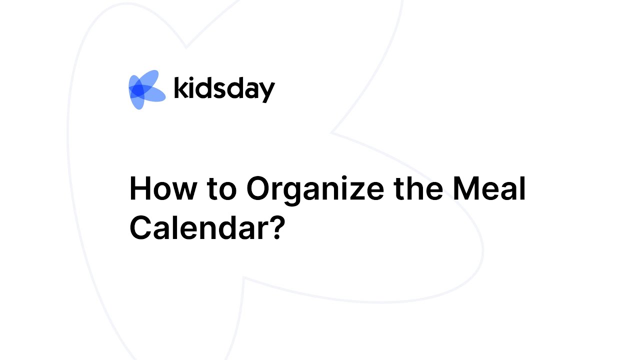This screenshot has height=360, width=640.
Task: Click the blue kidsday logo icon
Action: (146, 89)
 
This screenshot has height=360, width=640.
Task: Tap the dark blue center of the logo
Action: (139, 90)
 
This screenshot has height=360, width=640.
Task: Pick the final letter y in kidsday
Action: (267, 93)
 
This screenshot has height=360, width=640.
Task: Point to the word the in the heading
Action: (418, 189)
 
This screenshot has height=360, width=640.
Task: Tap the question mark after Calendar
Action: (277, 227)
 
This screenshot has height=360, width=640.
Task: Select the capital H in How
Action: (139, 189)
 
